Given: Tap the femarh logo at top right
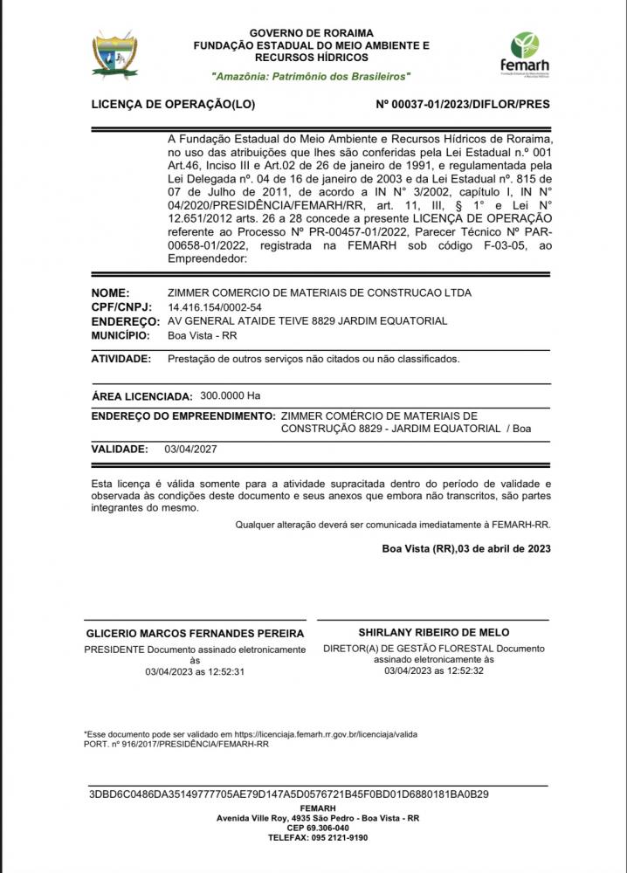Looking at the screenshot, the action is pos(525,53).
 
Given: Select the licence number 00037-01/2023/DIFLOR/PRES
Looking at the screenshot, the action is pos(463,104).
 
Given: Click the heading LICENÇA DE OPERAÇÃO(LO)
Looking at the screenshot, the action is pos(173,104).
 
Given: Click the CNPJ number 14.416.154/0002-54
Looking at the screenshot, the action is pos(214,307).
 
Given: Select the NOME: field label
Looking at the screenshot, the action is pos(110,293).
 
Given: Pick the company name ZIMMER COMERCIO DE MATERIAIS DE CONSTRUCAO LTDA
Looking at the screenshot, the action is pos(319,293).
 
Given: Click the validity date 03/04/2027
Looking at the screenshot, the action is pos(190,450).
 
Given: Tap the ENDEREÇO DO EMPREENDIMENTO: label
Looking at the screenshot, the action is pos(183,416).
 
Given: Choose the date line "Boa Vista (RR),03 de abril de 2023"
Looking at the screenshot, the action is pos(465,548).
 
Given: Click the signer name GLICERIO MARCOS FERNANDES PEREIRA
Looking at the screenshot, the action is pos(195,633).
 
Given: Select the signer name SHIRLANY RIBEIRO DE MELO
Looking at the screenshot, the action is pos(434,632).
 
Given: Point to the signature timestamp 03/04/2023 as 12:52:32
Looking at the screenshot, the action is pos(434,671).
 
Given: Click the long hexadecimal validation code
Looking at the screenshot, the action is pos(289,794).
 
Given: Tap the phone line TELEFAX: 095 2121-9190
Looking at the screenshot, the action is pos(318,837).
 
